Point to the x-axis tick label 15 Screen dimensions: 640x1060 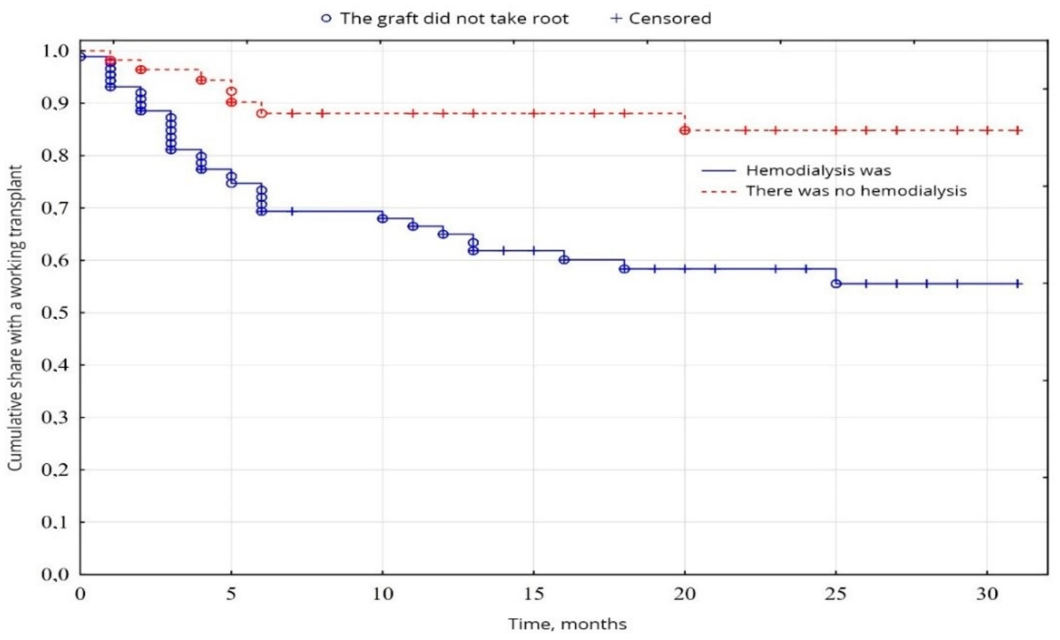(534, 594)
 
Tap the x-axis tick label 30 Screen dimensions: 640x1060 (987, 594)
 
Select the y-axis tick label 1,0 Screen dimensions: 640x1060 (55, 51)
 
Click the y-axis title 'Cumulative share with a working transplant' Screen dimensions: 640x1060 (15, 318)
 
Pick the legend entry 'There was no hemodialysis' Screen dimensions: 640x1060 (856, 191)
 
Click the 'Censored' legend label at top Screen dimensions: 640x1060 (670, 18)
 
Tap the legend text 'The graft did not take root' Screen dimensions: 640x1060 (454, 18)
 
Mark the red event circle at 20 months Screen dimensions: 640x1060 (685, 130)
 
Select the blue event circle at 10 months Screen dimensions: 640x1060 (382, 218)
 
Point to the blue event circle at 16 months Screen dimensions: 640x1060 (564, 259)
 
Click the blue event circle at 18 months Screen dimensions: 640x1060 (624, 269)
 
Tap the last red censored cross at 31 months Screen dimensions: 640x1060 (1018, 130)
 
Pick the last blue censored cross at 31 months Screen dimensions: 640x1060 (1018, 283)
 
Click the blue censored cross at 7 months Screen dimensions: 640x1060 (292, 211)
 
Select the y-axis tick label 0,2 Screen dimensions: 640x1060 (55, 470)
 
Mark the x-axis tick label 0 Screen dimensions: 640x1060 (80, 594)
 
